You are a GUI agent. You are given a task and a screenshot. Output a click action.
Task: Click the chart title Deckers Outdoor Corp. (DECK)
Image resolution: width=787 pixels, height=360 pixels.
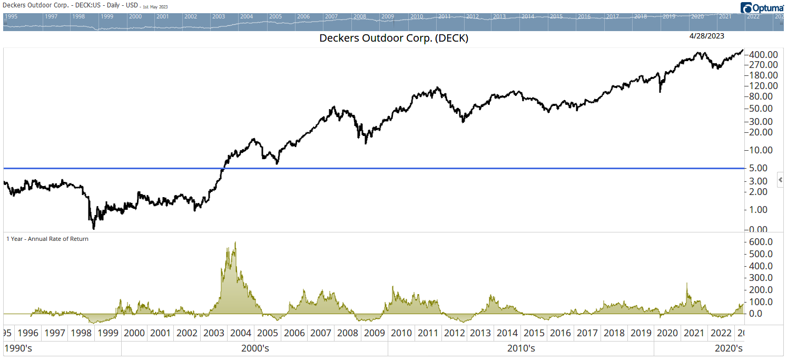click(x=393, y=38)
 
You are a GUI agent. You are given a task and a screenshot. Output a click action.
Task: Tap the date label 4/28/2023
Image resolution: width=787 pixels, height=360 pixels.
click(x=707, y=36)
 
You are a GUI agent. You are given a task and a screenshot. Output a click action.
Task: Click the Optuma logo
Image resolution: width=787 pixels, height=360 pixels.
click(x=762, y=7)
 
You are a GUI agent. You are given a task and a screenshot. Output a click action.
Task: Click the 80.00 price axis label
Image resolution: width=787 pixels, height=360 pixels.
click(x=762, y=96)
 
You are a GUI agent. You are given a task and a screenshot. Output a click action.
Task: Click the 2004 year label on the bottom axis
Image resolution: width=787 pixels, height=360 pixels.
click(x=241, y=333)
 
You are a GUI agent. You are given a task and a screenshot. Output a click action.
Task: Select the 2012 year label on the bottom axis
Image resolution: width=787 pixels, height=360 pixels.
click(x=454, y=333)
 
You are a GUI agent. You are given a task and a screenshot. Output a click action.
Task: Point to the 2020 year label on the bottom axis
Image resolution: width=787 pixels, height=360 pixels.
click(x=667, y=333)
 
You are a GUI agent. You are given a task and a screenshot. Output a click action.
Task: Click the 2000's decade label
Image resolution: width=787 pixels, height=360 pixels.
click(x=255, y=348)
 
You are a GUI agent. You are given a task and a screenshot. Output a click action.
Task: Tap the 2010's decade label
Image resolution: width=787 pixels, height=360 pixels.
click(x=521, y=348)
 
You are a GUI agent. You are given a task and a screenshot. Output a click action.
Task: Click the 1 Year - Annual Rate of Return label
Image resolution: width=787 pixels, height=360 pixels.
click(x=47, y=239)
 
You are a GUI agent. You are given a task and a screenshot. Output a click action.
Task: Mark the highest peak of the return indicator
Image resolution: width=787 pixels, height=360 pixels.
click(x=235, y=242)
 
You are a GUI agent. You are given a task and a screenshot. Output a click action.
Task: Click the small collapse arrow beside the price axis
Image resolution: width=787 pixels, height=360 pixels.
click(x=780, y=180)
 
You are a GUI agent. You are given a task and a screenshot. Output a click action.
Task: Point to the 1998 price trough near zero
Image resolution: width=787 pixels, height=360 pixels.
click(x=94, y=228)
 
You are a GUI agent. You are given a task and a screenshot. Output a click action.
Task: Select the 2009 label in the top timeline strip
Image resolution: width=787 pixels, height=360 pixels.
click(x=388, y=16)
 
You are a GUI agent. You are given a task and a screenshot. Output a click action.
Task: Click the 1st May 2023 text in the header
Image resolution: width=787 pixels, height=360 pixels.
click(x=155, y=7)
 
